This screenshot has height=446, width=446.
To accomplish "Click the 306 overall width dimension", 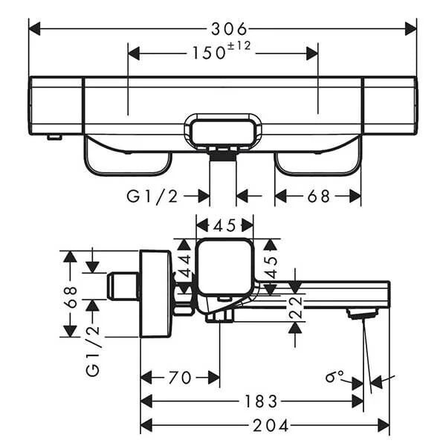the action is (229, 29).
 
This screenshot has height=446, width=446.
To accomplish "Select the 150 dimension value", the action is (209, 53).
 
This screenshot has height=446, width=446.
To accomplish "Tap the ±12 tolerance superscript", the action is (239, 46).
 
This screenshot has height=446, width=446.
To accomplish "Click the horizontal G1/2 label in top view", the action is (152, 196).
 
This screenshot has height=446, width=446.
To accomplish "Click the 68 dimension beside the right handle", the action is (319, 196).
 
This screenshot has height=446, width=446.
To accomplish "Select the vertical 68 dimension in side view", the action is (71, 297).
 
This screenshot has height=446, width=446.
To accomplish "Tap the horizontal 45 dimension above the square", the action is (224, 226).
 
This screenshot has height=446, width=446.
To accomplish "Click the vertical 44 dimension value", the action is (185, 266).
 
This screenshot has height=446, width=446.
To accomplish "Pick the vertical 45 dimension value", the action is (271, 268).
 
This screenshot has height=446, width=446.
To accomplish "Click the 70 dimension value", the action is (180, 378).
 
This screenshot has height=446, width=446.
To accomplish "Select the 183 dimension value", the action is (261, 401).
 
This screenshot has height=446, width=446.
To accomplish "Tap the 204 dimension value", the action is (271, 426).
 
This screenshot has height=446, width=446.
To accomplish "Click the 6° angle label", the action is (334, 376).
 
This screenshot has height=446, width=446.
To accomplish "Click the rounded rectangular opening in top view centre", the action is (223, 132).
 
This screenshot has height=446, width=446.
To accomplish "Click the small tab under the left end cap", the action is (54, 138).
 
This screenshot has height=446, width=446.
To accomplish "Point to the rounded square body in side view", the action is (224, 268).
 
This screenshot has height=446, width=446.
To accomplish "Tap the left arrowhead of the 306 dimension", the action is (34, 29).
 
